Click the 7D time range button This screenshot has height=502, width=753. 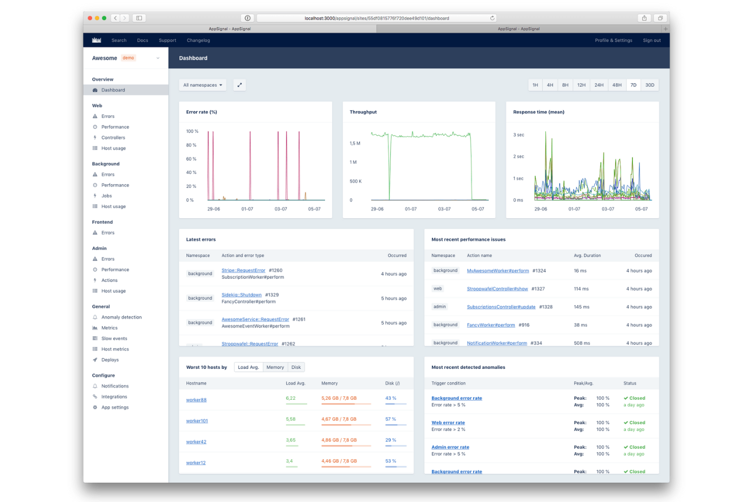633,85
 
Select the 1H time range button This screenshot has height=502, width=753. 535,85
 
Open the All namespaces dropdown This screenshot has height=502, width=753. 203,85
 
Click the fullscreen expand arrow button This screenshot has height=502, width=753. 240,85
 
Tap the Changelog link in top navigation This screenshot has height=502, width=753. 198,40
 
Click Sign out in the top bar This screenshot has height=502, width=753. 652,40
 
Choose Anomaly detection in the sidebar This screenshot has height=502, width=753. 121,317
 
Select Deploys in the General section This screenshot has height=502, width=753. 110,360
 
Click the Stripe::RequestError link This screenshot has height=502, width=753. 243,271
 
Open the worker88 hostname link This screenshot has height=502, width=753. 196,400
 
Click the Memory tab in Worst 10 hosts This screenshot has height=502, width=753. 275,367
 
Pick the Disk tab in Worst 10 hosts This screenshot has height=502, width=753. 296,367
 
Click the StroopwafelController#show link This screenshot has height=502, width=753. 497,289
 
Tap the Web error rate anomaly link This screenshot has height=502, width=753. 448,423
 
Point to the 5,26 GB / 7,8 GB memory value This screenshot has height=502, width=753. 339,398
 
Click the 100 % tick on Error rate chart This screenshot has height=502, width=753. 192,131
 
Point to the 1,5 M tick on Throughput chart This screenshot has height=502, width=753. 355,143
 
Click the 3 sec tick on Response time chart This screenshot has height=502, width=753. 518,135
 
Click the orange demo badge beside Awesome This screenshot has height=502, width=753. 128,58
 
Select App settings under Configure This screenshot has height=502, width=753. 115,407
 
